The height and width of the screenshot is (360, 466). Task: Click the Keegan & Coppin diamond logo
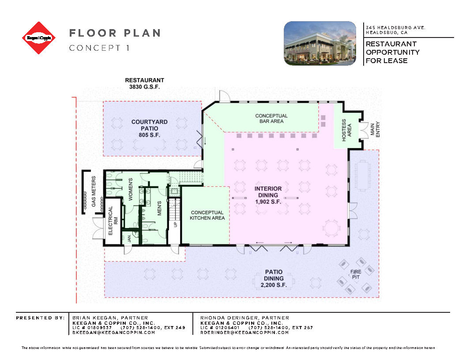pyautogui.click(x=39, y=38)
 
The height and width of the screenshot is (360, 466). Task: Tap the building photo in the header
pyautogui.click(x=319, y=43)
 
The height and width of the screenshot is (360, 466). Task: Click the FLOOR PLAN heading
pyautogui.click(x=115, y=33)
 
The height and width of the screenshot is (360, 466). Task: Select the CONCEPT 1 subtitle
pyautogui.click(x=99, y=48)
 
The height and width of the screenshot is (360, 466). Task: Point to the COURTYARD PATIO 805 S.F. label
pyautogui.click(x=146, y=128)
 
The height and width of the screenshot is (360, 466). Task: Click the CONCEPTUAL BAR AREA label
pyautogui.click(x=271, y=118)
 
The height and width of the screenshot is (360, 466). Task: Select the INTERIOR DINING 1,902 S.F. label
pyautogui.click(x=268, y=195)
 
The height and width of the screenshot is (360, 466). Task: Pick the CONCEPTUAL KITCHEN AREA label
pyautogui.click(x=207, y=215)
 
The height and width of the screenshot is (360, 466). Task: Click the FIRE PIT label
pyautogui.click(x=356, y=274)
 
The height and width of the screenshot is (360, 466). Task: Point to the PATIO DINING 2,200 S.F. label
pyautogui.click(x=274, y=279)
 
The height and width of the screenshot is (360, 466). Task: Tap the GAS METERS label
pyautogui.click(x=94, y=192)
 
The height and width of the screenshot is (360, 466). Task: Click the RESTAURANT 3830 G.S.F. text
pyautogui.click(x=144, y=83)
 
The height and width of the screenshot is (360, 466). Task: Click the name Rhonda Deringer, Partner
pyautogui.click(x=244, y=318)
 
